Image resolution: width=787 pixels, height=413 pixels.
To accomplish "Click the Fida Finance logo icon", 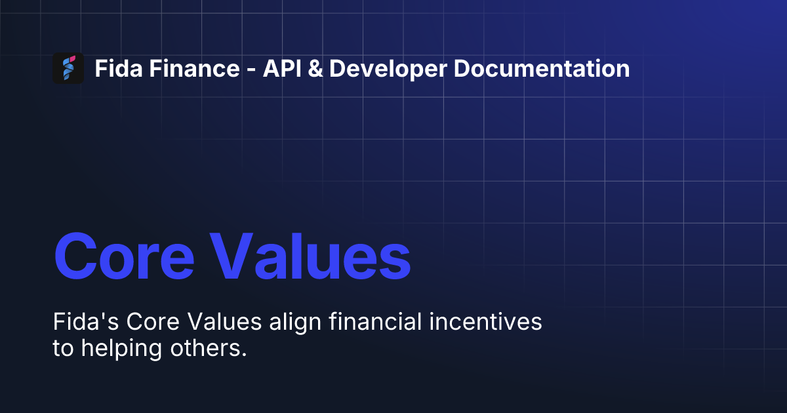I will tap(68, 68).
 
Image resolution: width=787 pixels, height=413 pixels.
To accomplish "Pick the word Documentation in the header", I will tap(542, 69).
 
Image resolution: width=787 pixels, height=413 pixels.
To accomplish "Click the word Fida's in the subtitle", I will tap(85, 323).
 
